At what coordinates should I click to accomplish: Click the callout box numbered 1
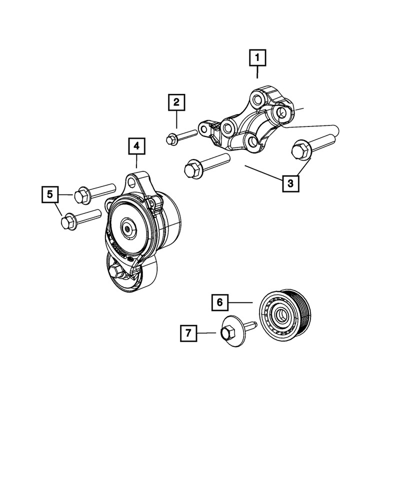pos(257,59)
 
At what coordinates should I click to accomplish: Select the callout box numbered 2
pos(176,103)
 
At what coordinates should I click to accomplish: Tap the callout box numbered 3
pos(290,183)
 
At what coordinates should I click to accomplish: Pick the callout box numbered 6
pos(220,302)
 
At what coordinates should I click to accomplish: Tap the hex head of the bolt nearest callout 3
pos(300,149)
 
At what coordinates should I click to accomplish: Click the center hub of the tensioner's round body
pos(128,229)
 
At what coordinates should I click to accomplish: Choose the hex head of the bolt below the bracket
pos(191,168)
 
